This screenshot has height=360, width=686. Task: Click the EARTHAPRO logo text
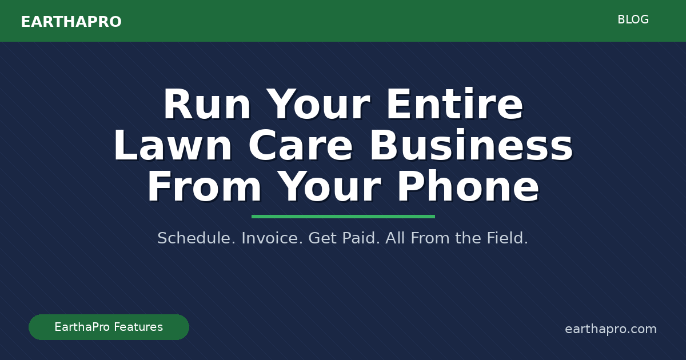point(71,22)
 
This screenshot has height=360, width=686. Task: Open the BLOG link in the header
point(633,20)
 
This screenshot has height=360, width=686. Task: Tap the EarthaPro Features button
point(109,327)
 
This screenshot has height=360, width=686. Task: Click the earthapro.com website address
point(611,329)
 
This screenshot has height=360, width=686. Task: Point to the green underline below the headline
point(343,217)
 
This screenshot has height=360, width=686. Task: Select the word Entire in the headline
point(454,106)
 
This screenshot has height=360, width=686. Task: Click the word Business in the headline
point(470,147)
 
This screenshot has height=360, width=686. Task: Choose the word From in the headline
point(204,188)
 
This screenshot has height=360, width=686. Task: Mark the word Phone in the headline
point(468,188)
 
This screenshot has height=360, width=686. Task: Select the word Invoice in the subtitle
point(272,238)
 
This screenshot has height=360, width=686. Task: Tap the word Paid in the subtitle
point(361,238)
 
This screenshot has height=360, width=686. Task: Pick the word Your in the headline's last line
point(329,188)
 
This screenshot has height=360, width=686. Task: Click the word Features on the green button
point(137,327)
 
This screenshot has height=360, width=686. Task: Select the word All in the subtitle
point(394,238)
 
